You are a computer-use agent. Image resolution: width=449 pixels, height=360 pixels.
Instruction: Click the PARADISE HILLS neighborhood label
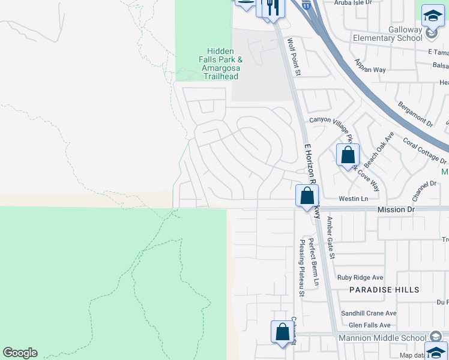pyautogui.click(x=385, y=290)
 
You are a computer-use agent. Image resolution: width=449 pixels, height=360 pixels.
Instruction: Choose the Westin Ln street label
pyautogui.click(x=353, y=198)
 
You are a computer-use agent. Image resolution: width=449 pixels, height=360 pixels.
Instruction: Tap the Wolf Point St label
pyautogui.click(x=293, y=58)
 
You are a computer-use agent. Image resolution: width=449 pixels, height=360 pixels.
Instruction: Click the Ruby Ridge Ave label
pyautogui.click(x=360, y=277)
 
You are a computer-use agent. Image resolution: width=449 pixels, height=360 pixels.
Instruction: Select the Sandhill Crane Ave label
pyautogui.click(x=369, y=313)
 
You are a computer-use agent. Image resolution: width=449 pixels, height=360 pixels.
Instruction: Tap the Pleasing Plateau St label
pyautogui.click(x=302, y=268)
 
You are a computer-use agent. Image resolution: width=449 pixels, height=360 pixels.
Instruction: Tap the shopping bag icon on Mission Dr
pyautogui.click(x=307, y=196)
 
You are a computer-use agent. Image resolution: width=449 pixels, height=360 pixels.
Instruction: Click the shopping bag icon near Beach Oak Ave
pyautogui.click(x=348, y=155)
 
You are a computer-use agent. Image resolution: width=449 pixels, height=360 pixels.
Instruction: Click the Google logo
pyautogui.click(x=20, y=353)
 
